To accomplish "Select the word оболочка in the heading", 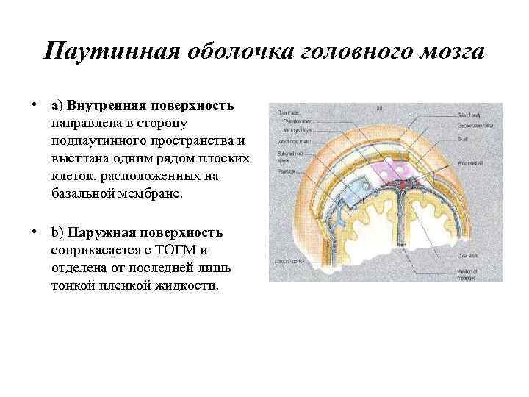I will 221,52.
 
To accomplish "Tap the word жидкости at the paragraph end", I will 190,285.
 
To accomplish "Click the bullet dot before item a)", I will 35,104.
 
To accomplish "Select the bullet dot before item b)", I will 35,232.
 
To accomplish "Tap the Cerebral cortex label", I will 287,261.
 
